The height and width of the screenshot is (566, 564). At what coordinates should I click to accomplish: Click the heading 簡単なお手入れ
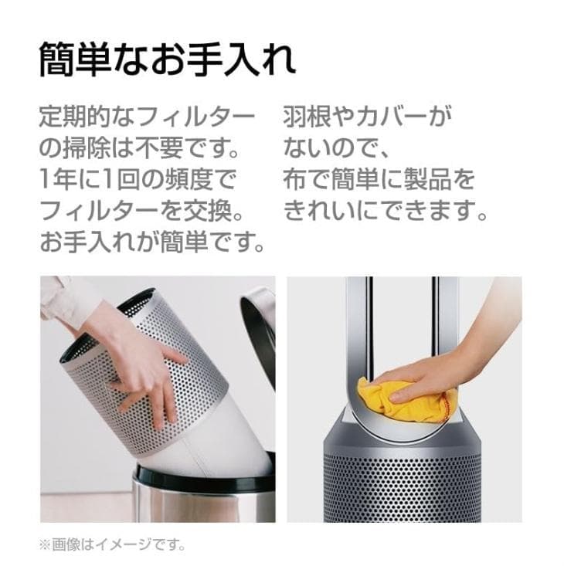pyautogui.click(x=166, y=59)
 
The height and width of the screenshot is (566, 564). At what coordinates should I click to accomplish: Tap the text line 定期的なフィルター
pyautogui.click(x=147, y=118)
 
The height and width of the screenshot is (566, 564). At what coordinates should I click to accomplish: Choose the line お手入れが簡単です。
pyautogui.click(x=152, y=243)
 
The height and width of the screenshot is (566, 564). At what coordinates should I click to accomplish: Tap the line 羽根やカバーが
pyautogui.click(x=366, y=118)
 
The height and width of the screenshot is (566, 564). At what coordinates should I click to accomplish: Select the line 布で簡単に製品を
pyautogui.click(x=379, y=181)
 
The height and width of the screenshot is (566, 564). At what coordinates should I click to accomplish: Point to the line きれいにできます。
pyautogui.click(x=386, y=212)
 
